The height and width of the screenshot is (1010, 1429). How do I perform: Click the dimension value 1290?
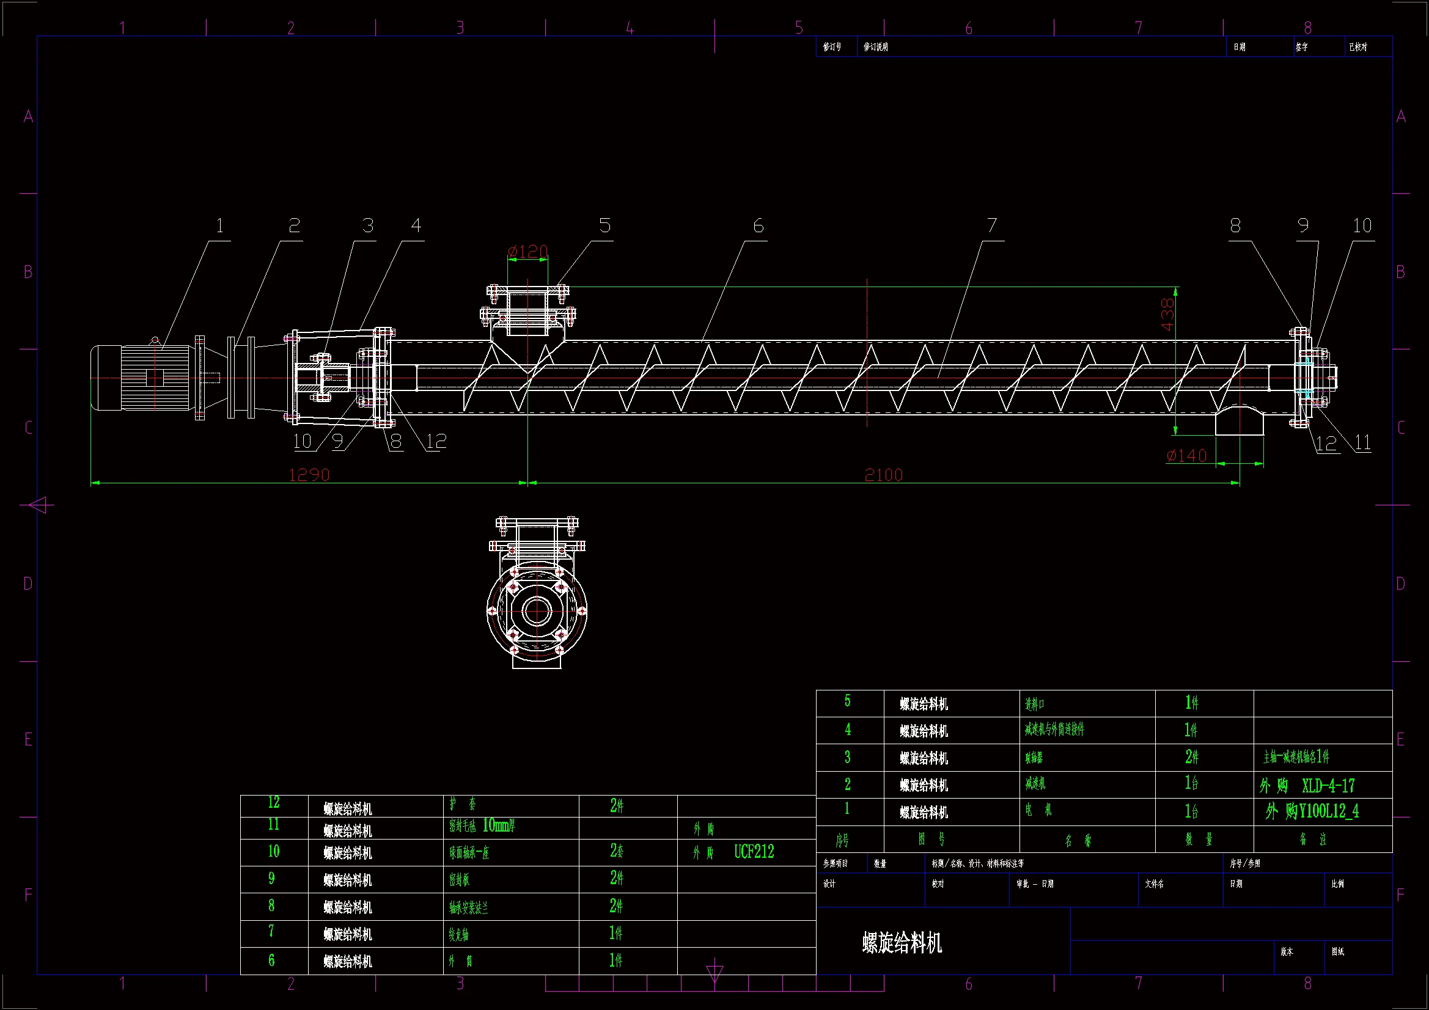coord(309,475)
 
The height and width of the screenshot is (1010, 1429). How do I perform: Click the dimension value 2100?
coord(883,475)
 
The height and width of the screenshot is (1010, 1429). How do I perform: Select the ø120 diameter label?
coord(528,251)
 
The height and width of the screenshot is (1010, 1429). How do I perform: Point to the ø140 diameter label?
coord(1186,456)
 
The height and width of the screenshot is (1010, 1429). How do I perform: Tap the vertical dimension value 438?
coord(1167,314)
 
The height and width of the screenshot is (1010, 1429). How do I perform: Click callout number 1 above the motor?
coord(219,225)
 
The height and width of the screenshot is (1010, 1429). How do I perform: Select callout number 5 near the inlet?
coord(605,225)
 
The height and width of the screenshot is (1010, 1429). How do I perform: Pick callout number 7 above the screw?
coord(992,225)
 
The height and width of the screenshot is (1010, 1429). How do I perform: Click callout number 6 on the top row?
coord(758,225)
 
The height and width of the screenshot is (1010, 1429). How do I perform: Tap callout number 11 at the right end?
coord(1362,443)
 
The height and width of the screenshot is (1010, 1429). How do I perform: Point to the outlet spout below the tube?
coord(1239,422)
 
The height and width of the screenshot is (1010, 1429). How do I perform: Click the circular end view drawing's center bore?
coord(537,610)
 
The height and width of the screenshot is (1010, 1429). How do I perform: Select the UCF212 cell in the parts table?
coord(754,851)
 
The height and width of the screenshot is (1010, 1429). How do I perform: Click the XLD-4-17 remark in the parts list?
coord(1328,785)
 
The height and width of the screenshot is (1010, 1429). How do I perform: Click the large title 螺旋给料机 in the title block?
coord(902,943)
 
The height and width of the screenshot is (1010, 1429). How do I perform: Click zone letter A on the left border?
coord(28,116)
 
